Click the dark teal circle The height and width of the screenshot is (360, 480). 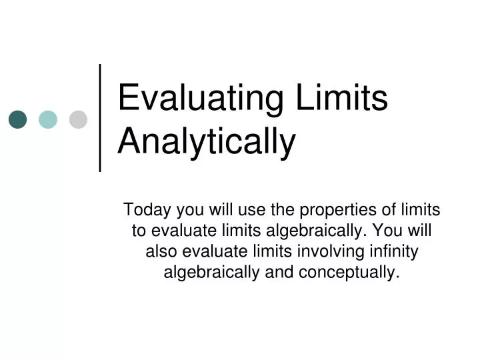click(x=17, y=119)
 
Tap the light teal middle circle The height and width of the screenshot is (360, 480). click(x=48, y=119)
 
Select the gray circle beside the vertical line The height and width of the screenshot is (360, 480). click(x=79, y=119)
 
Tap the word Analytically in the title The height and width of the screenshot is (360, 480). click(x=207, y=141)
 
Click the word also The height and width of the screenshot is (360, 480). click(x=160, y=252)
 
